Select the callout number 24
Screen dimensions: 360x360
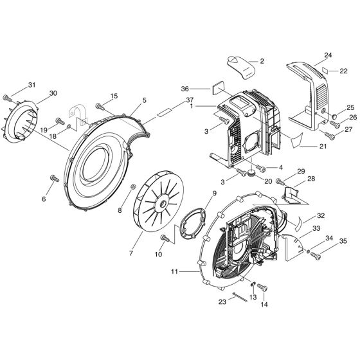coord(328,55)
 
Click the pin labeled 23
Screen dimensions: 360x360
coord(239,296)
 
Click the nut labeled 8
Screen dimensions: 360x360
coord(132,186)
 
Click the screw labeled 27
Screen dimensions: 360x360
coord(328,135)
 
